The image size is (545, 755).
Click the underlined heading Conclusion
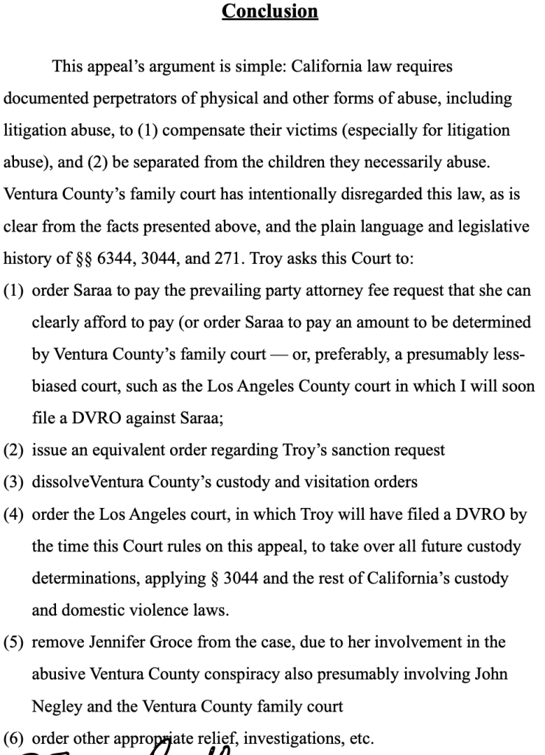(270, 12)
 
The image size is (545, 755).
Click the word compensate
(194, 131)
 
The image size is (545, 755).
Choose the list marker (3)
(15, 482)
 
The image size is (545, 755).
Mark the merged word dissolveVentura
(88, 482)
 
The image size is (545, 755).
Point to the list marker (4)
(15, 515)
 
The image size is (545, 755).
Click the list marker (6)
(15, 738)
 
